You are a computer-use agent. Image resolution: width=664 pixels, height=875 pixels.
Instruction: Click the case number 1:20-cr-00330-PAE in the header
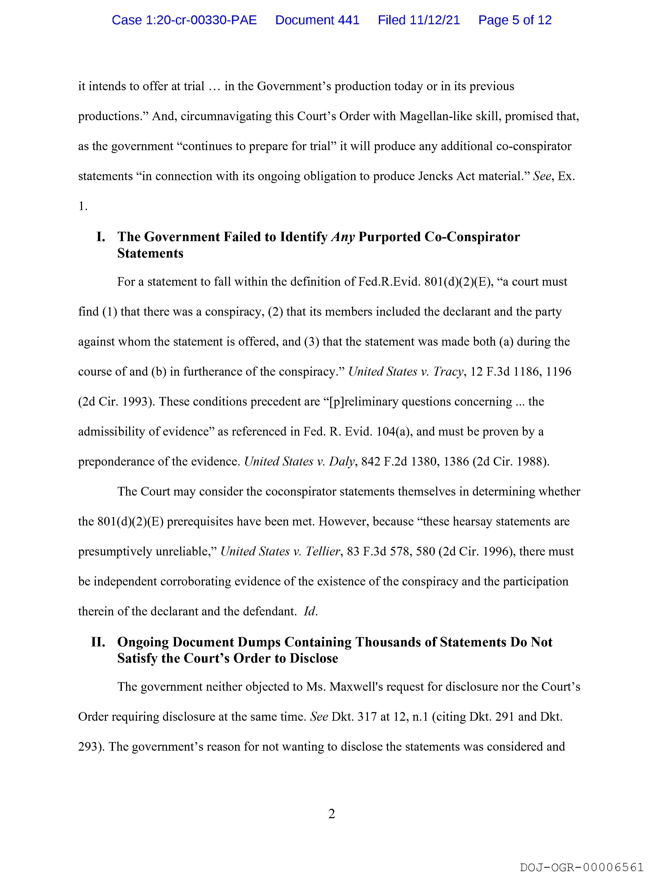[x=184, y=20]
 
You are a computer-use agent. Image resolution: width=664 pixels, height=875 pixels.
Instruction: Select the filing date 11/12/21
[x=435, y=20]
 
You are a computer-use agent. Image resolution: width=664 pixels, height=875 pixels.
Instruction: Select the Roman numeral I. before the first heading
[x=101, y=237]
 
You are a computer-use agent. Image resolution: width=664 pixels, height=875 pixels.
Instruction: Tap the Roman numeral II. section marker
[x=98, y=642]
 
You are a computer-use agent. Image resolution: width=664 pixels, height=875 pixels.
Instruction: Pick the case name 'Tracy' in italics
[x=448, y=371]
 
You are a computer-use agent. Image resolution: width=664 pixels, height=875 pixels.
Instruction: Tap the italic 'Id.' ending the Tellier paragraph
[x=310, y=611]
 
